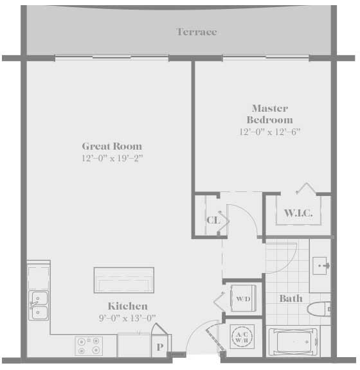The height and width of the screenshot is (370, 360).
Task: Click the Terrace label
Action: pyautogui.click(x=196, y=32)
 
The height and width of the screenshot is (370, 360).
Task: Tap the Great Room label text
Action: pyautogui.click(x=112, y=146)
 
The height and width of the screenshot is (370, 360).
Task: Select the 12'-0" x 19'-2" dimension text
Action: pyautogui.click(x=113, y=158)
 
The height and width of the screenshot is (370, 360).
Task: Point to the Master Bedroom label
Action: pyautogui.click(x=270, y=114)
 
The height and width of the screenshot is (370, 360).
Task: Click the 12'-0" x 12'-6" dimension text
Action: pyautogui.click(x=270, y=132)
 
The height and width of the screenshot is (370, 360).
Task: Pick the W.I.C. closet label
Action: pyautogui.click(x=298, y=213)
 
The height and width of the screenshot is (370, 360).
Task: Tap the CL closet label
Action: pyautogui.click(x=213, y=220)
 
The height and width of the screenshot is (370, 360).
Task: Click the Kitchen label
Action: pyautogui.click(x=128, y=306)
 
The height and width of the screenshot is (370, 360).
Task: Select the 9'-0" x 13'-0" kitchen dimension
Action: pyautogui.click(x=127, y=318)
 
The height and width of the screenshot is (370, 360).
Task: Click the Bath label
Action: pyautogui.click(x=291, y=299)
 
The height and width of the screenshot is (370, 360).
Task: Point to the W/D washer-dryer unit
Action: pyautogui.click(x=243, y=298)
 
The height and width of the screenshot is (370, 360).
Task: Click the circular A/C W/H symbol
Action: pyautogui.click(x=242, y=337)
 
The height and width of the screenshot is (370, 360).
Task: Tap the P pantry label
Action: pyautogui.click(x=160, y=347)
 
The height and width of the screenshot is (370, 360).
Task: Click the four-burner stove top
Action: pyautogui.click(x=89, y=346)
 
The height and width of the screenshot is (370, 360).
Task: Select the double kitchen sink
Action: pyautogui.click(x=39, y=306)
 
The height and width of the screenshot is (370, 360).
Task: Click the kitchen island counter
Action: pyautogui.click(x=124, y=280)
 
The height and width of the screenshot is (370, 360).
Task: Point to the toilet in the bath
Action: pyautogui.click(x=319, y=308)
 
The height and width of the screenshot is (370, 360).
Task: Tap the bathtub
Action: pyautogui.click(x=293, y=342)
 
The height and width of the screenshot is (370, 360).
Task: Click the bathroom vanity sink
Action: pyautogui.click(x=321, y=266)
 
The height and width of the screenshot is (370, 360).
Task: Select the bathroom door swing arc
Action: pyautogui.click(x=290, y=263)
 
